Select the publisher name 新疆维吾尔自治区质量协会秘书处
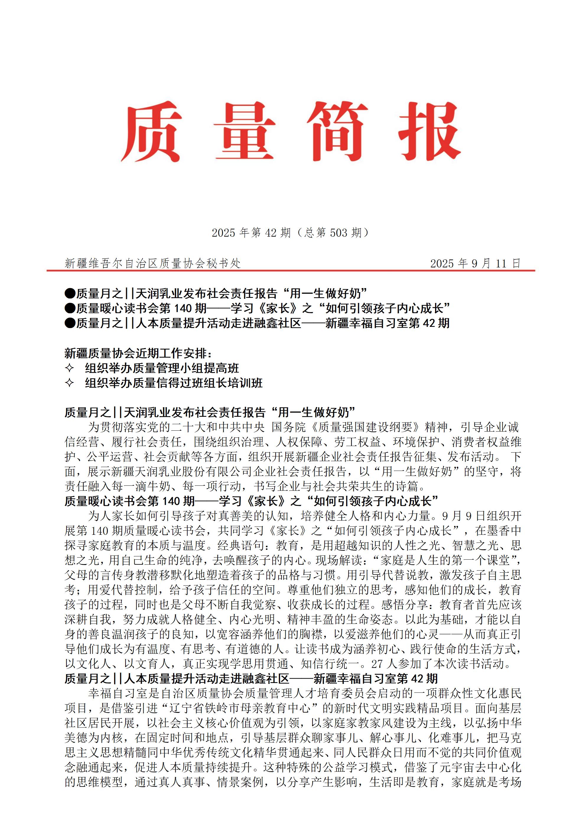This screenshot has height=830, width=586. point(152,264)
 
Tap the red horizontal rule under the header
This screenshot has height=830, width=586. point(291,270)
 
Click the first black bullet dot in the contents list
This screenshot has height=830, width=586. point(70,293)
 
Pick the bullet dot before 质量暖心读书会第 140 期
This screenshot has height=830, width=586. point(70,308)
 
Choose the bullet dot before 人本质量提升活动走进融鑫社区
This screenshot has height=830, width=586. point(70,323)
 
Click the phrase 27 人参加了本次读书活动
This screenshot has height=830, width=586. point(440,664)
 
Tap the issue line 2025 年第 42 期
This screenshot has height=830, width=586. point(251,233)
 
